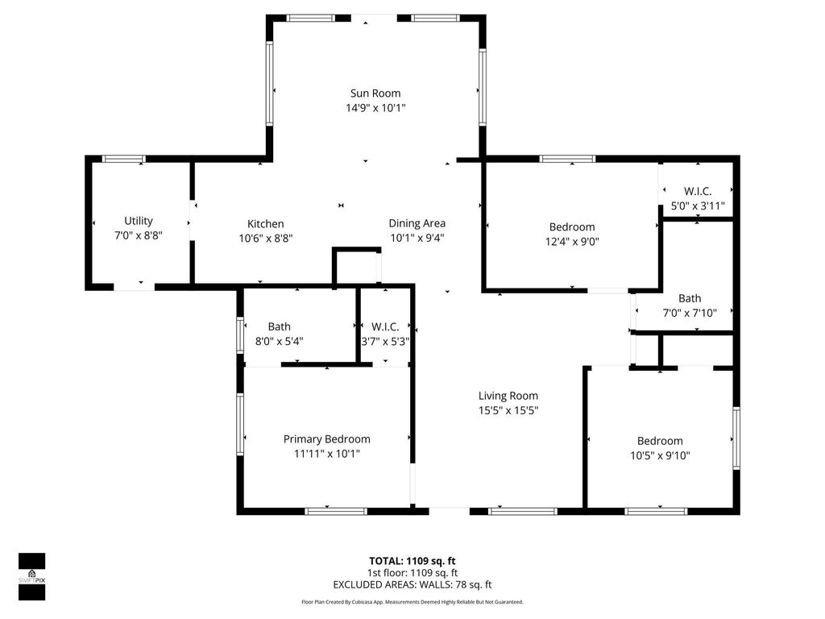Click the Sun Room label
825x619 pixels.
375,93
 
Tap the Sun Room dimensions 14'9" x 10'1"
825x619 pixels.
375,108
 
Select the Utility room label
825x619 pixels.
138,221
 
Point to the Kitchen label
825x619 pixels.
265,224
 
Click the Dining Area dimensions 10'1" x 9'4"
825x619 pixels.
417,238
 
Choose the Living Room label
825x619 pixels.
508,396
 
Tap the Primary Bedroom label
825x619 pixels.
326,439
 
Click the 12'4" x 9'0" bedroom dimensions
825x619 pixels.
572,241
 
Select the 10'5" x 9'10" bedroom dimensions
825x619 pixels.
659,455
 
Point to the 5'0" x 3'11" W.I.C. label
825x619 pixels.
697,192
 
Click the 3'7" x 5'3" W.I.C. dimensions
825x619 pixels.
385,341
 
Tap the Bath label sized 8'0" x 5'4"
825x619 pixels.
280,326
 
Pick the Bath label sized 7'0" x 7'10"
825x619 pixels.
689,298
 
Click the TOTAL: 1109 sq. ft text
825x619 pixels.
412,561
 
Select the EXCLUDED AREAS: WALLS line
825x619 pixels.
412,585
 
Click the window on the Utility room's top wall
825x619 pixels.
124,159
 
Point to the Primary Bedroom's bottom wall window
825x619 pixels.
336,510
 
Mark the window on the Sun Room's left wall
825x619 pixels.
270,82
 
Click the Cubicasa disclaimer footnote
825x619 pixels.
412,602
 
